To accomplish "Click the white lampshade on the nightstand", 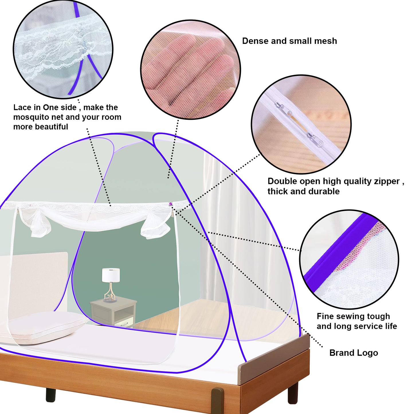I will pos(111,275).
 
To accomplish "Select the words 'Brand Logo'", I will pos(354,353).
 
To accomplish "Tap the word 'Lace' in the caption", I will pos(23,107).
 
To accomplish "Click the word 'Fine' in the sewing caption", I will pos(326,316).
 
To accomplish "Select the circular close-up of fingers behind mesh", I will pos(191,70).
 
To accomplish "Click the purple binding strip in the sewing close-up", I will pos(341,249).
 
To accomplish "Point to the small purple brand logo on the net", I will pos(171,204).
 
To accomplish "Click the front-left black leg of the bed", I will pos(51,395).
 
